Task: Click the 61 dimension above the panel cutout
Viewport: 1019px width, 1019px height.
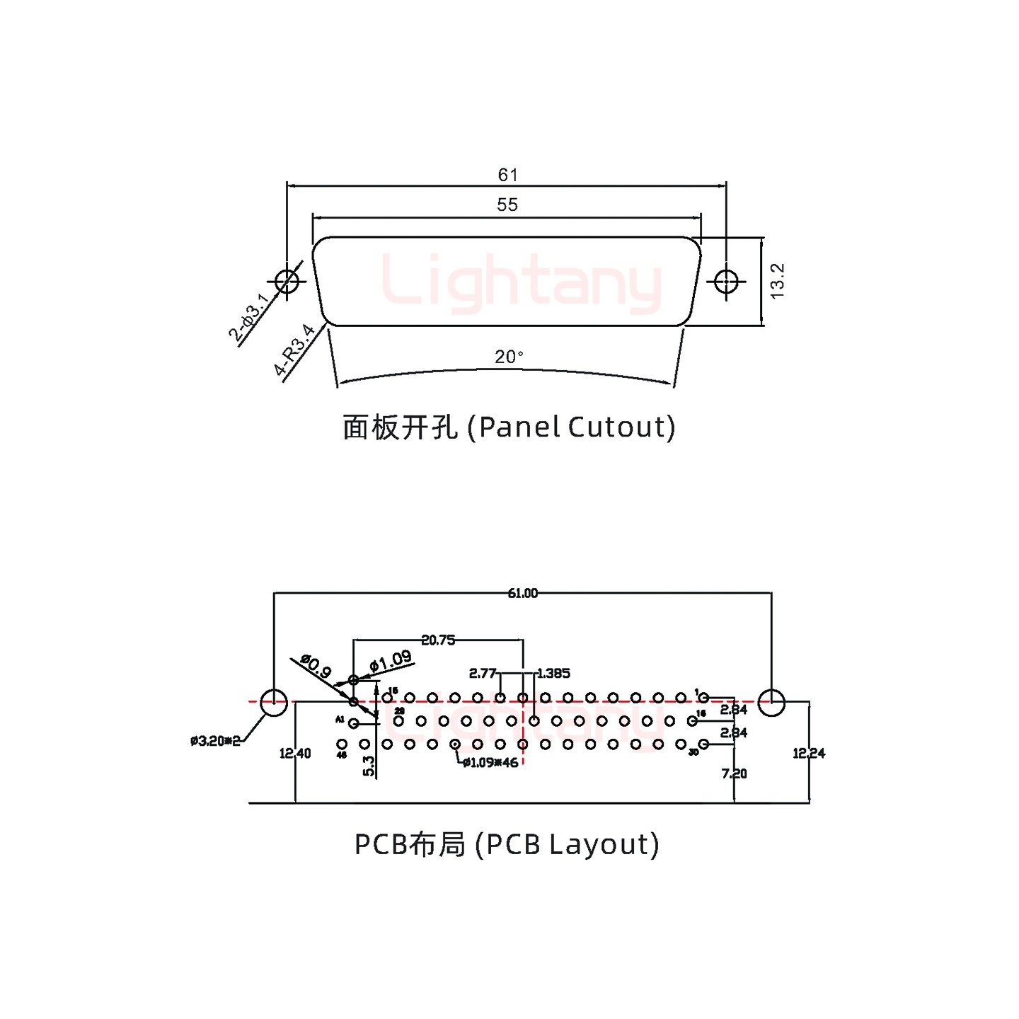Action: pos(507,175)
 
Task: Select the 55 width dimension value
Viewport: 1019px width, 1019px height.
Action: pos(507,205)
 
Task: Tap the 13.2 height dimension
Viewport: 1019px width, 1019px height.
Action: pos(777,281)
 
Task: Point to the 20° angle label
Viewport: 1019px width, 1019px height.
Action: pos(509,357)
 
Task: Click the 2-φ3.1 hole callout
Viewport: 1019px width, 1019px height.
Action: pos(248,318)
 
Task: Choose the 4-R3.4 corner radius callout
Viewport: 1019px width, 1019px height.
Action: pos(294,350)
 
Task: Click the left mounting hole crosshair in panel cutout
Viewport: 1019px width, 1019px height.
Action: pos(287,282)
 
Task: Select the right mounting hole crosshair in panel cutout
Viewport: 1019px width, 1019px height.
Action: pos(726,282)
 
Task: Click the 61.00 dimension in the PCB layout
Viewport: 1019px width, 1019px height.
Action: pos(522,593)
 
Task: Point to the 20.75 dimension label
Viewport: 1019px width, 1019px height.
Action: pos(438,640)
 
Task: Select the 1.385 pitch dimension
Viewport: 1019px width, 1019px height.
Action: pos(553,673)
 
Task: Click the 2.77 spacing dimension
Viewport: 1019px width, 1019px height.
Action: pos(483,673)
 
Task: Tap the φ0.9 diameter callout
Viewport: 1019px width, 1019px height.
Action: pos(316,666)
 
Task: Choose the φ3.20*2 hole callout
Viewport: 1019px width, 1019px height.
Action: pos(215,741)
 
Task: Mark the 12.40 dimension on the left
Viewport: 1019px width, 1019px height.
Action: pos(295,754)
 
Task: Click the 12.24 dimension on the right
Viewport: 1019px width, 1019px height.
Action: pos(809,754)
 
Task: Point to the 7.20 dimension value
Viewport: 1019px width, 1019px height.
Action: pos(735,773)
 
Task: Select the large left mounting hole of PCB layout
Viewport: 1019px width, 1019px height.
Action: pos(274,703)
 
